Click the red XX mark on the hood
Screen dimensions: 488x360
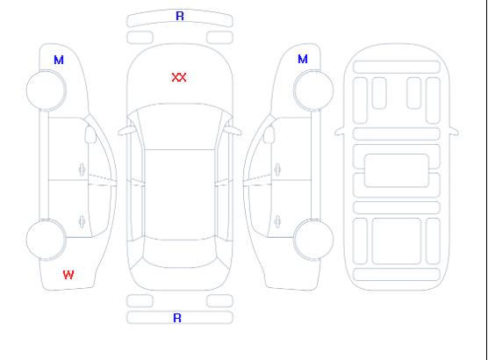[179, 77]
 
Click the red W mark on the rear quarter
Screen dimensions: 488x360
[68, 275]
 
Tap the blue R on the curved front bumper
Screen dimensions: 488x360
[180, 16]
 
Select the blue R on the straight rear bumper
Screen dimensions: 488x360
[177, 318]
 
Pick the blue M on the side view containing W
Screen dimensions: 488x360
[59, 60]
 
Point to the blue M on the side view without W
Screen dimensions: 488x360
[303, 59]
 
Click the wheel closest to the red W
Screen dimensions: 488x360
[46, 240]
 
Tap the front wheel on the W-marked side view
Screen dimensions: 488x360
[46, 90]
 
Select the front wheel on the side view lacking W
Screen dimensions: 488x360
[313, 90]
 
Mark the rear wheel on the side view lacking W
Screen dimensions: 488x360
[313, 240]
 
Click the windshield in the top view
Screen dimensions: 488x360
[180, 126]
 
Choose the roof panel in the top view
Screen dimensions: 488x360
[180, 195]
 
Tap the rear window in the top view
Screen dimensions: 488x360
[180, 253]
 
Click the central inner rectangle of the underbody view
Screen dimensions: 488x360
[397, 170]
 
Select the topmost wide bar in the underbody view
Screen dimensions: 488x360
[397, 67]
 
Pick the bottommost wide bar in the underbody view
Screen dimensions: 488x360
[397, 274]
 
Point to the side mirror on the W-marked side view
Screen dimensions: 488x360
[90, 134]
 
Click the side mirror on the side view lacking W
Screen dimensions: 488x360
[269, 134]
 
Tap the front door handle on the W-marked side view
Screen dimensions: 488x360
[82, 170]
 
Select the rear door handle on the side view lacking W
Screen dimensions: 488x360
[277, 222]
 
